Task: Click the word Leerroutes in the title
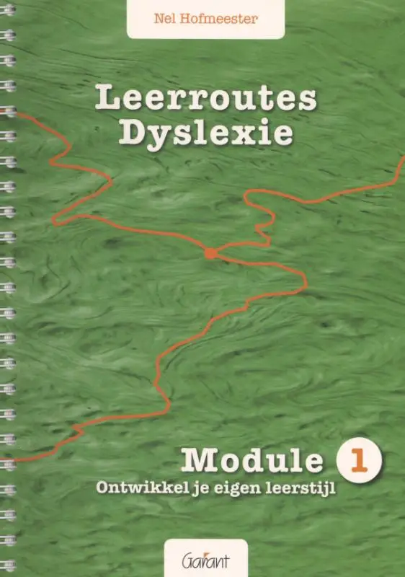click(205, 99)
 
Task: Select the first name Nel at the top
click(162, 19)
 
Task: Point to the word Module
click(252, 459)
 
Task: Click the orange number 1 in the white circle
click(358, 459)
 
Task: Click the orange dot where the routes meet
click(210, 252)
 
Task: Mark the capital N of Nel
click(156, 19)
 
